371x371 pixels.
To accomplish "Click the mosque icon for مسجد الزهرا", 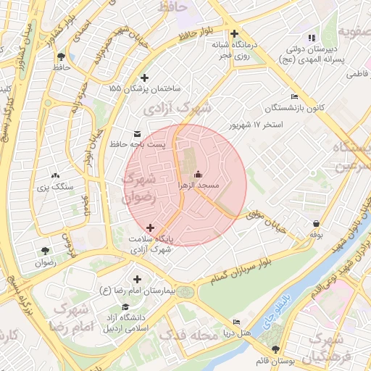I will point(199,175).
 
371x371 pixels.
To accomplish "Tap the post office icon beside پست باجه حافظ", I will point(138,133).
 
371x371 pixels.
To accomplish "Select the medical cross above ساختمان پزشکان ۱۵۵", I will point(144,78).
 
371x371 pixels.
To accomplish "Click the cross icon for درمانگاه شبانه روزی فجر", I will point(234,33).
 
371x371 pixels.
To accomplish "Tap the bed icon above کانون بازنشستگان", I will point(294,96).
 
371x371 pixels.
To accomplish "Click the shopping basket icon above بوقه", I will point(316,223).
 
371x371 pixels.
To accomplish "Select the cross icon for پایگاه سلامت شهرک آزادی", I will point(150,228).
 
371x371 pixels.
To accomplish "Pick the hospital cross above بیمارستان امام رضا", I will point(137,279).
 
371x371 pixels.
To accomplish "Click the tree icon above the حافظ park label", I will point(61,56).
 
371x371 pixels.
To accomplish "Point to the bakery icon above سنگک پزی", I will point(56,175).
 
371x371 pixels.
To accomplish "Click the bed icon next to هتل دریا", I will point(236,322).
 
